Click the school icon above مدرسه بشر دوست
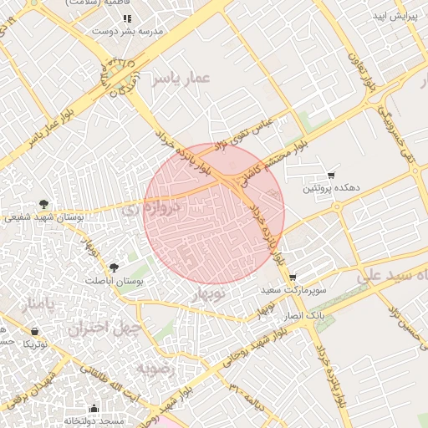(x=127, y=18)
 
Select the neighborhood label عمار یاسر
(x=181, y=79)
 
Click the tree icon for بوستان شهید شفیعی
(x=43, y=203)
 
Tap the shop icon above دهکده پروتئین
(x=332, y=176)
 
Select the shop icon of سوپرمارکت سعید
(x=292, y=278)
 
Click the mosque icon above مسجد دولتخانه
(x=93, y=410)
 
